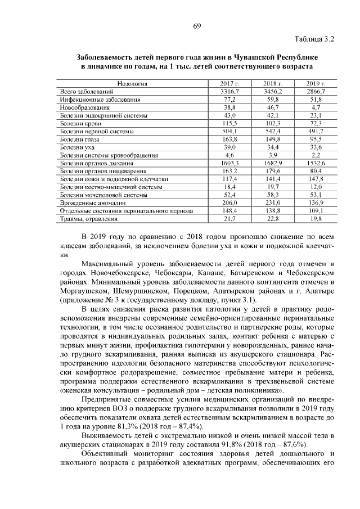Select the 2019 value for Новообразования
point(316,107)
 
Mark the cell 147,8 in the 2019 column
point(316,178)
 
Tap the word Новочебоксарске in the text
point(118,273)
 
